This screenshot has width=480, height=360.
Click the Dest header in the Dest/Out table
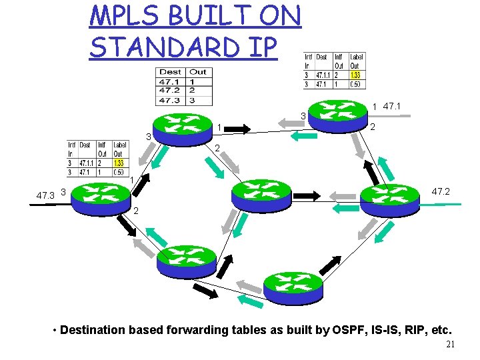pos(170,72)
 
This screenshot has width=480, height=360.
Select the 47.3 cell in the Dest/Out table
pos(170,101)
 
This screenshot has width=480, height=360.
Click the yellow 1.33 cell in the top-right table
pos(355,75)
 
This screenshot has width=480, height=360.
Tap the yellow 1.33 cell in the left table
pos(119,163)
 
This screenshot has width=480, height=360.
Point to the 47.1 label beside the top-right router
pos(391,106)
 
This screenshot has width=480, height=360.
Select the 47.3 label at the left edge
pos(45,195)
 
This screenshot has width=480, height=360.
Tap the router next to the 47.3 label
pos(100,195)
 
